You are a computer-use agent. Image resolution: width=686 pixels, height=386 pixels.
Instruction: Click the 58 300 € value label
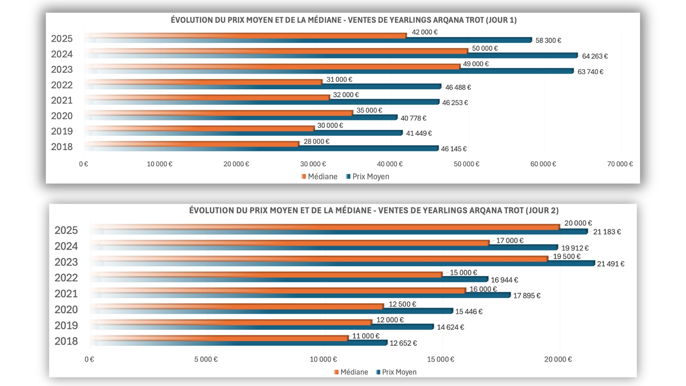tap(548, 40)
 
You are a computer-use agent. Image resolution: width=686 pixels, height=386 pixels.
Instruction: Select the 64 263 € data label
tap(595, 56)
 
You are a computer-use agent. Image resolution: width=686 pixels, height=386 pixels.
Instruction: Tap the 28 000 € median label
tap(316, 142)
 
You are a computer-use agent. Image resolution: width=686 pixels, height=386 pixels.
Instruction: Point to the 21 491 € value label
tap(610, 264)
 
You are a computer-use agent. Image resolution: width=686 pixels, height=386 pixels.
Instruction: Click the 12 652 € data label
tap(403, 343)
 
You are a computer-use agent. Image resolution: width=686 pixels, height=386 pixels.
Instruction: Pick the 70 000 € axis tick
tap(620, 164)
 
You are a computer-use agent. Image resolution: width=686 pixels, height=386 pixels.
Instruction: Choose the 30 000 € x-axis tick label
tap(313, 164)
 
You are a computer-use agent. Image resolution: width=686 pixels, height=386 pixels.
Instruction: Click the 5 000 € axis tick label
tap(206, 359)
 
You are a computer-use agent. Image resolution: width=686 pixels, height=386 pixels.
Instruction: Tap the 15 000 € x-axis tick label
tap(441, 359)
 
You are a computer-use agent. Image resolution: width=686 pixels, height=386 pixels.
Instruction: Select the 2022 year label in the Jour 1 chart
tap(62, 85)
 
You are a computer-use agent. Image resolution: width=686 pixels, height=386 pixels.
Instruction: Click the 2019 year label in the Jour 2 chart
tap(66, 325)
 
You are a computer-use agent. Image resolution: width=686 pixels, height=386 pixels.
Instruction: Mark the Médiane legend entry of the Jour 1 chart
tap(319, 177)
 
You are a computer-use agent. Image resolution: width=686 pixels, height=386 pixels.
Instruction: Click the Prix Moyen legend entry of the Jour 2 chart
tap(396, 372)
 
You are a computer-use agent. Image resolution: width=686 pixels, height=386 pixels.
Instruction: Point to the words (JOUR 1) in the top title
tap(501, 20)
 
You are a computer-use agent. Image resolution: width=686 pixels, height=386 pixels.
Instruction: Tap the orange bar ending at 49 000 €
tap(286, 66)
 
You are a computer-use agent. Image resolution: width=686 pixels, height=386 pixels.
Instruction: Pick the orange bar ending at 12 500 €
tap(250, 306)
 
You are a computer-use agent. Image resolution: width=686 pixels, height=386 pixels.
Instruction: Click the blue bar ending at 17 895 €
tap(322, 295)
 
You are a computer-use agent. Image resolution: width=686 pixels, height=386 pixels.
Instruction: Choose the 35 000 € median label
tap(369, 110)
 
